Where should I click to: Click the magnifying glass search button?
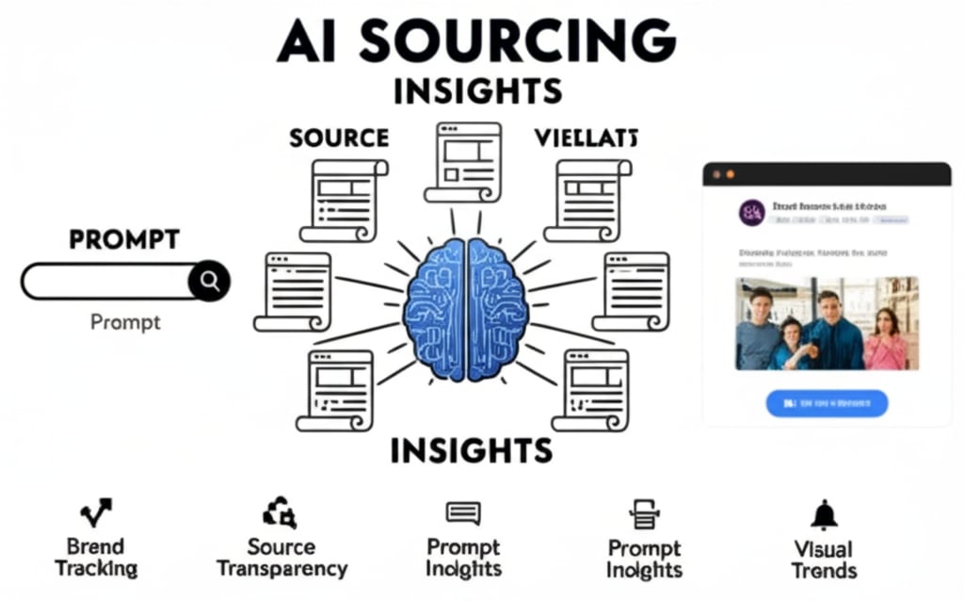pyautogui.click(x=208, y=281)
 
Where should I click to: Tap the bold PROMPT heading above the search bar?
pyautogui.click(x=123, y=239)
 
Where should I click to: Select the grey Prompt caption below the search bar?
pyautogui.click(x=125, y=322)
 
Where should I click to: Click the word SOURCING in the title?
pyautogui.click(x=517, y=41)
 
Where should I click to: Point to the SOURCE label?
pyautogui.click(x=339, y=138)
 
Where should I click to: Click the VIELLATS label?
pyautogui.click(x=586, y=138)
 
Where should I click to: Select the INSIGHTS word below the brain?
pyautogui.click(x=471, y=450)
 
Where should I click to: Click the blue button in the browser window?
pyautogui.click(x=827, y=402)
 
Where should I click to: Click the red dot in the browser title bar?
pyautogui.click(x=715, y=175)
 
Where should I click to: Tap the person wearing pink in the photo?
pyautogui.click(x=885, y=341)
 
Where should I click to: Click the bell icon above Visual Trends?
pyautogui.click(x=824, y=514)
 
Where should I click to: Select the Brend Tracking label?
pyautogui.click(x=95, y=558)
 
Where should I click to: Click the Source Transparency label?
pyautogui.click(x=281, y=558)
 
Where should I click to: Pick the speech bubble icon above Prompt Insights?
pyautogui.click(x=462, y=513)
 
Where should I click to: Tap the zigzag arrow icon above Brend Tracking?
pyautogui.click(x=95, y=512)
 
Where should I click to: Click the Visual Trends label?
pyautogui.click(x=824, y=560)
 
